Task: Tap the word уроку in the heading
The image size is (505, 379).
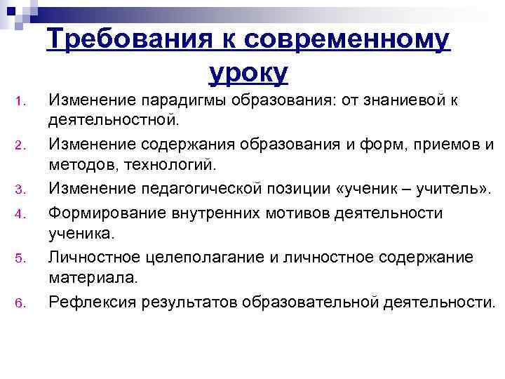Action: pyautogui.click(x=248, y=72)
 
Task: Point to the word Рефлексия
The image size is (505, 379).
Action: pyautogui.click(x=92, y=302)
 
